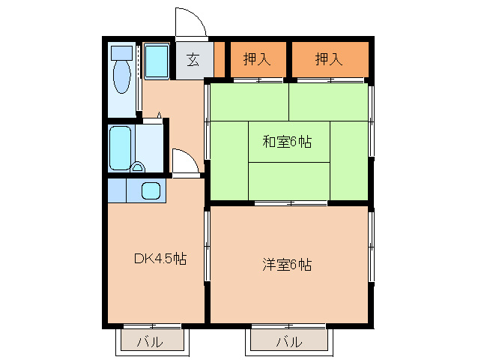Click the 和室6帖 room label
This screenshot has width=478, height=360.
(x=288, y=142)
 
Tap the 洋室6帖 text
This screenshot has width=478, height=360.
(x=287, y=265)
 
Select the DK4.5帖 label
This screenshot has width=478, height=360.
(x=160, y=259)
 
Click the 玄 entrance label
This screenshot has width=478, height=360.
(x=193, y=60)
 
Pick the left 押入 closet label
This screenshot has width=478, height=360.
(x=257, y=59)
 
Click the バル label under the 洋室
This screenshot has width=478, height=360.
(x=288, y=342)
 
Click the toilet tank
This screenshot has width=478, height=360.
(x=121, y=52)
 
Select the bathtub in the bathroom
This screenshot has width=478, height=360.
(x=120, y=147)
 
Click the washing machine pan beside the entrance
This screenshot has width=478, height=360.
(x=157, y=61)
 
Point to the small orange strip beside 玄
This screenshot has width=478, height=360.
(x=219, y=60)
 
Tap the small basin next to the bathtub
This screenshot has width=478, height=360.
(x=139, y=166)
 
